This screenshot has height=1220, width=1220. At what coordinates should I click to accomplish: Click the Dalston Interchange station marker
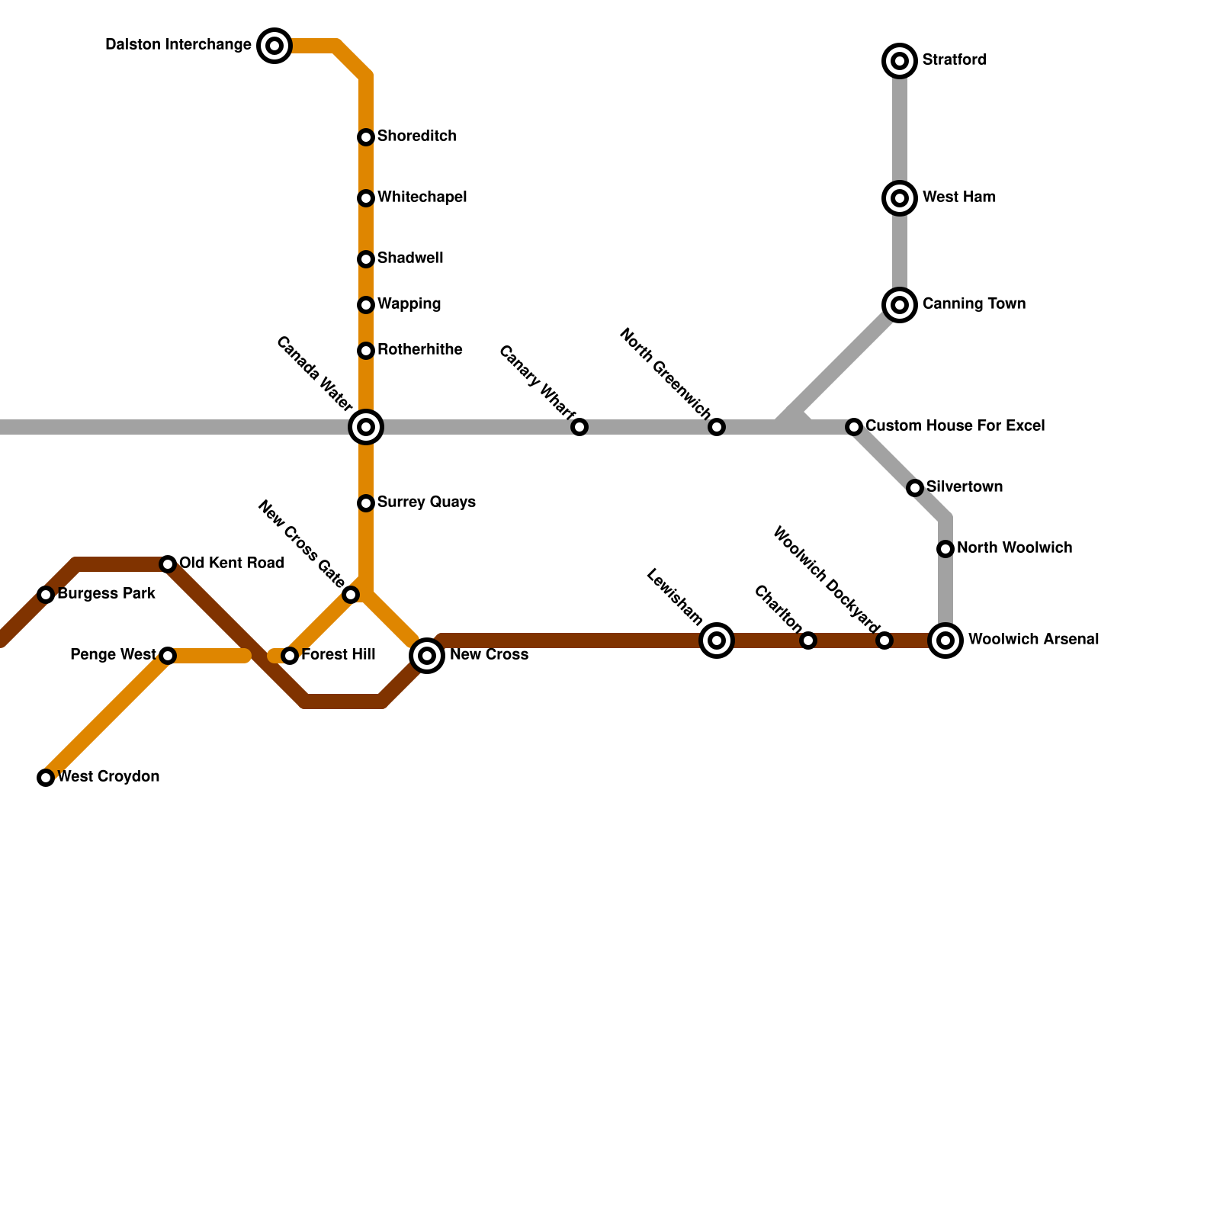(274, 46)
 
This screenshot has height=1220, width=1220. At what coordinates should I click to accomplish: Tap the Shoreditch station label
(416, 136)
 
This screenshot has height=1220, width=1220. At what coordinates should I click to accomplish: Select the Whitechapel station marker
(366, 198)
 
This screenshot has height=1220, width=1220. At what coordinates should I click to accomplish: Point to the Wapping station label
(409, 304)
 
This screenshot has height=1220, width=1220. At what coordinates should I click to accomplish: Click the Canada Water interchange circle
(366, 427)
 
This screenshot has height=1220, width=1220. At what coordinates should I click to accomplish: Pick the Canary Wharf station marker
(579, 427)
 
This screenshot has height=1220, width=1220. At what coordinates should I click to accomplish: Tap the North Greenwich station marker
(717, 427)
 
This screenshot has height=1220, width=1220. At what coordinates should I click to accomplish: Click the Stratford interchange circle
(900, 61)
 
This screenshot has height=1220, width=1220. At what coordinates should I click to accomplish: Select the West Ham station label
(958, 197)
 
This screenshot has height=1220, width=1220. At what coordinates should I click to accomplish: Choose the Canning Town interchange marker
(900, 305)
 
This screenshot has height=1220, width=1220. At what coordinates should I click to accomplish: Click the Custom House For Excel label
(955, 425)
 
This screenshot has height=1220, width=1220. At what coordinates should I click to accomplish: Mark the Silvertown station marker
(915, 488)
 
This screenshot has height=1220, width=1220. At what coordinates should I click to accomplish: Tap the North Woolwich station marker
(945, 549)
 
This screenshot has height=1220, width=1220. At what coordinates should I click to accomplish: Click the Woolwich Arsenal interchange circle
(945, 640)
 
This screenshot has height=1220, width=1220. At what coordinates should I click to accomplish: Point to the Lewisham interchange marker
(717, 640)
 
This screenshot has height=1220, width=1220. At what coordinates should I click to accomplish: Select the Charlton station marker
(808, 640)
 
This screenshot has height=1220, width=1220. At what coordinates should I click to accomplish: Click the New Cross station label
(489, 655)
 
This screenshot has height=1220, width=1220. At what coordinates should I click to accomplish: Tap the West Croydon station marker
(46, 778)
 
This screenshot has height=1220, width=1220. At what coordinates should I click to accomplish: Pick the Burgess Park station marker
(46, 595)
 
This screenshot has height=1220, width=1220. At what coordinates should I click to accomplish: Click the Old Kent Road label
(231, 563)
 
